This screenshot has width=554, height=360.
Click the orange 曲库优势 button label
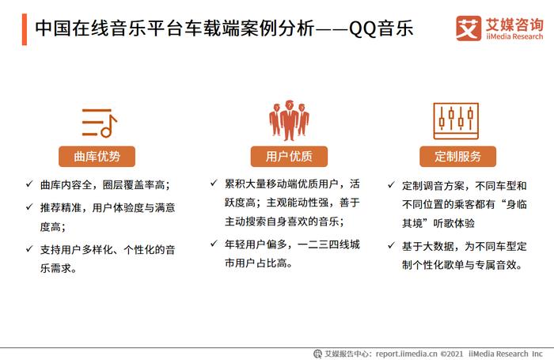coord(97,156)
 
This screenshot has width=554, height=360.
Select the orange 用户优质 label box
coord(289,156)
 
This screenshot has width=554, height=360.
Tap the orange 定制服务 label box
coord(458,156)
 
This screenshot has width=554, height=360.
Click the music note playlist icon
coord(99,123)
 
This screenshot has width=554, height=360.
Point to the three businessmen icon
coord(289,120)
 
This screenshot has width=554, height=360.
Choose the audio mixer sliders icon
coord(456,121)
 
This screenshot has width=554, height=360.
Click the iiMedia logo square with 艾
coord(469,28)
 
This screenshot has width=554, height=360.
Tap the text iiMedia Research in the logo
coord(514,36)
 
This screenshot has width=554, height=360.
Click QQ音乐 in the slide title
coord(381,28)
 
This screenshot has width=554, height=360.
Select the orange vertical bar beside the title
coord(25,29)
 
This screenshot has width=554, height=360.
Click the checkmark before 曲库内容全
coord(29,184)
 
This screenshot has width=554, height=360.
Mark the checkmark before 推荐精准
coord(29,207)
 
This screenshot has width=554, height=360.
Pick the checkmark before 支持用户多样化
coord(29,249)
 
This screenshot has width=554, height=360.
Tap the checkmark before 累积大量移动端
coord(214,183)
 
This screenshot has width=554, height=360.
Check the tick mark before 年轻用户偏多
coord(214,244)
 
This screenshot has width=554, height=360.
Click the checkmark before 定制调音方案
coord(391,185)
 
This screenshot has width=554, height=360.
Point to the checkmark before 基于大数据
coord(391,245)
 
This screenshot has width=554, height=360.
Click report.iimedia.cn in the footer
coord(406,354)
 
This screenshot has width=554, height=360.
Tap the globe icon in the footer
coord(317,354)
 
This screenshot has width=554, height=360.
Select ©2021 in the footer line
coord(452,354)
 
